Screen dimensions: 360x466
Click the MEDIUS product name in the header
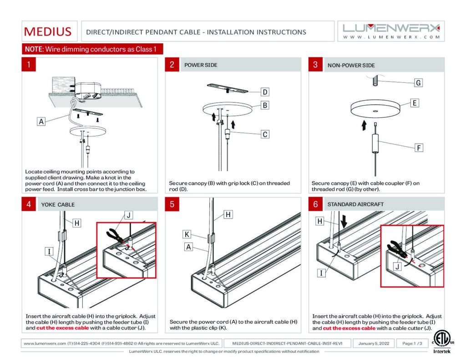pyautogui.click(x=48, y=32)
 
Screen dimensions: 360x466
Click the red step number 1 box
pyautogui.click(x=29, y=65)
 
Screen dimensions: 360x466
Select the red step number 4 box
pyautogui.click(x=29, y=204)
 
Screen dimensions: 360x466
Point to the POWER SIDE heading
pyautogui.click(x=201, y=65)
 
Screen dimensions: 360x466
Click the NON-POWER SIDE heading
pyautogui.click(x=351, y=65)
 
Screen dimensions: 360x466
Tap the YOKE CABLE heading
pyautogui.click(x=58, y=204)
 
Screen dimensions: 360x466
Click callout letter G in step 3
pyautogui.click(x=418, y=82)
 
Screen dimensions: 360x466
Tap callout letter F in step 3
pyautogui.click(x=418, y=147)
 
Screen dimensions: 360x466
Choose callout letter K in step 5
pyautogui.click(x=187, y=234)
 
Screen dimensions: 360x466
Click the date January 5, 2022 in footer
pyautogui.click(x=374, y=343)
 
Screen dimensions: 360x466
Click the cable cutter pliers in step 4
pyautogui.click(x=113, y=235)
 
